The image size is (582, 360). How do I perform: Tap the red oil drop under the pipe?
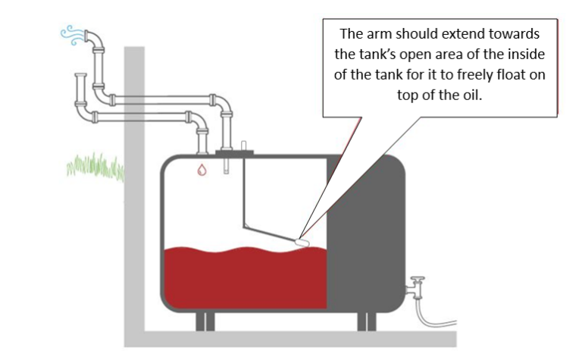click(202, 168)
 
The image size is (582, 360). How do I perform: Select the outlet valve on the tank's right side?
click(415, 287)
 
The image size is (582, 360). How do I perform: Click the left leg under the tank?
click(201, 321)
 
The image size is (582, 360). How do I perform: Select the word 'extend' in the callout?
click(464, 35)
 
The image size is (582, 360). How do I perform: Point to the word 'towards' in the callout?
click(515, 35)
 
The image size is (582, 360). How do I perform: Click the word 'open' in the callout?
click(424, 55)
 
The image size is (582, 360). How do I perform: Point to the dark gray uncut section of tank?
click(364, 227)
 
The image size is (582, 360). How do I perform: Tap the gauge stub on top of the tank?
click(243, 146)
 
